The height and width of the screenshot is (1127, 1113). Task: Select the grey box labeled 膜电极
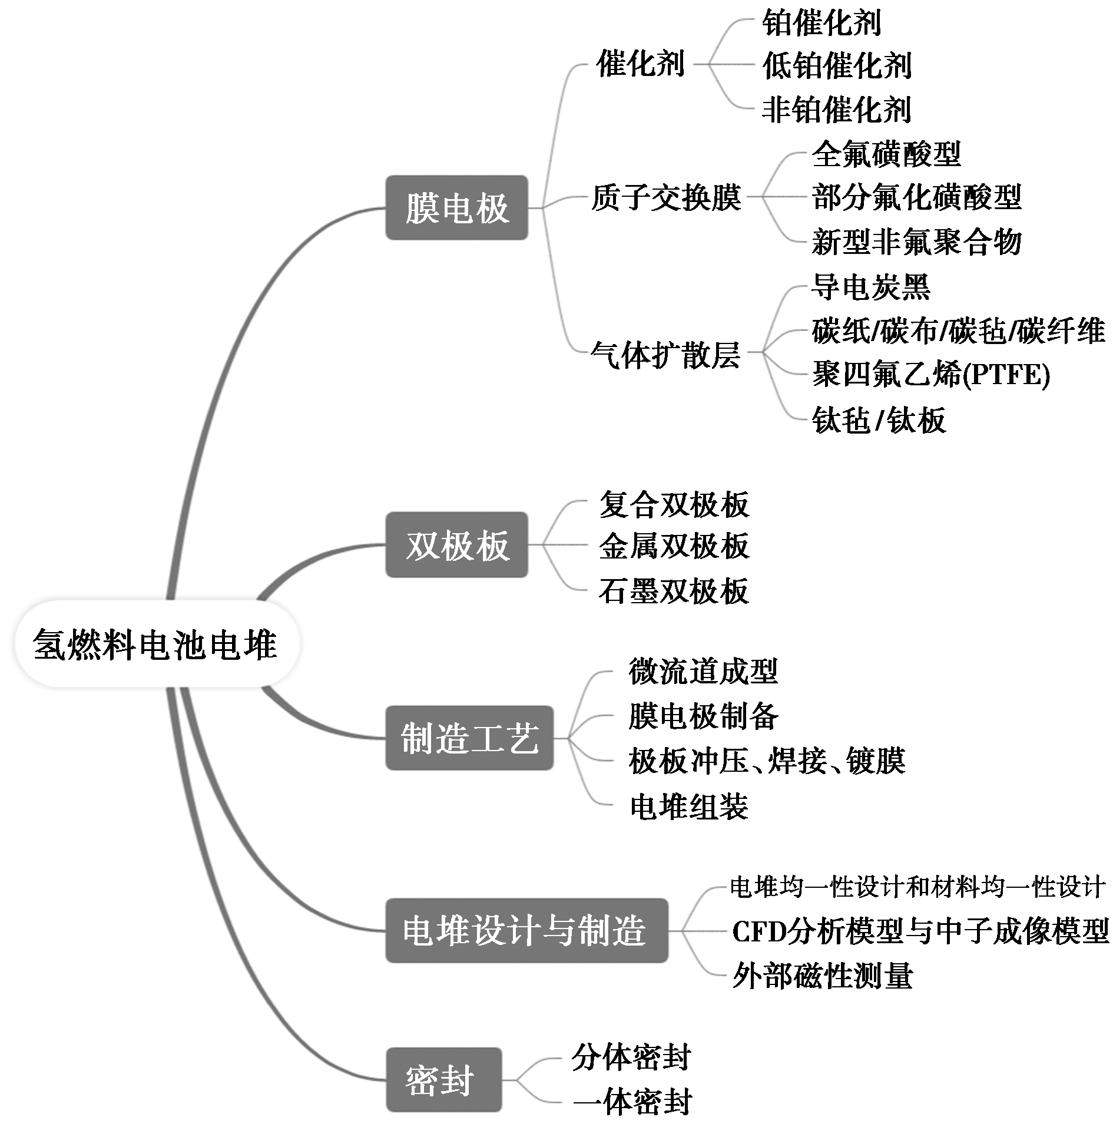pos(456,208)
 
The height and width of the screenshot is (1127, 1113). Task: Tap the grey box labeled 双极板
pos(456,545)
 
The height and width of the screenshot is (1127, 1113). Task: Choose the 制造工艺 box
pos(469,738)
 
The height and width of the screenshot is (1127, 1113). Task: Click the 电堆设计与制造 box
pos(526,931)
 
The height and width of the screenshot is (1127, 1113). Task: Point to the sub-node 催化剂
pos(640,64)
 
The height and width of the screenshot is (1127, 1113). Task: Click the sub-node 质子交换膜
pos(666,197)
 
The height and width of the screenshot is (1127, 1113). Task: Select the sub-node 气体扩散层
pos(665,355)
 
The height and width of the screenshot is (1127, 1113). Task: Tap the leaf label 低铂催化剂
pos(837,65)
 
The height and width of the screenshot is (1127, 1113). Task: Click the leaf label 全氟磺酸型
pos(886,154)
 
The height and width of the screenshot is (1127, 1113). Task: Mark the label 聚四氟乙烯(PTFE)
pos(931,375)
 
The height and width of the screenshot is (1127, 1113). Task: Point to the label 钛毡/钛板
pos(879,420)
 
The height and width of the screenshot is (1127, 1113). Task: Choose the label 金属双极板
pos(674,546)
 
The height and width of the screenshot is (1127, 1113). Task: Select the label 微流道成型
pos(703,671)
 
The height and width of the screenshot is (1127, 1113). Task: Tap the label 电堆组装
pos(688,807)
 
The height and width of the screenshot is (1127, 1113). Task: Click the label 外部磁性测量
pos(822,976)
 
